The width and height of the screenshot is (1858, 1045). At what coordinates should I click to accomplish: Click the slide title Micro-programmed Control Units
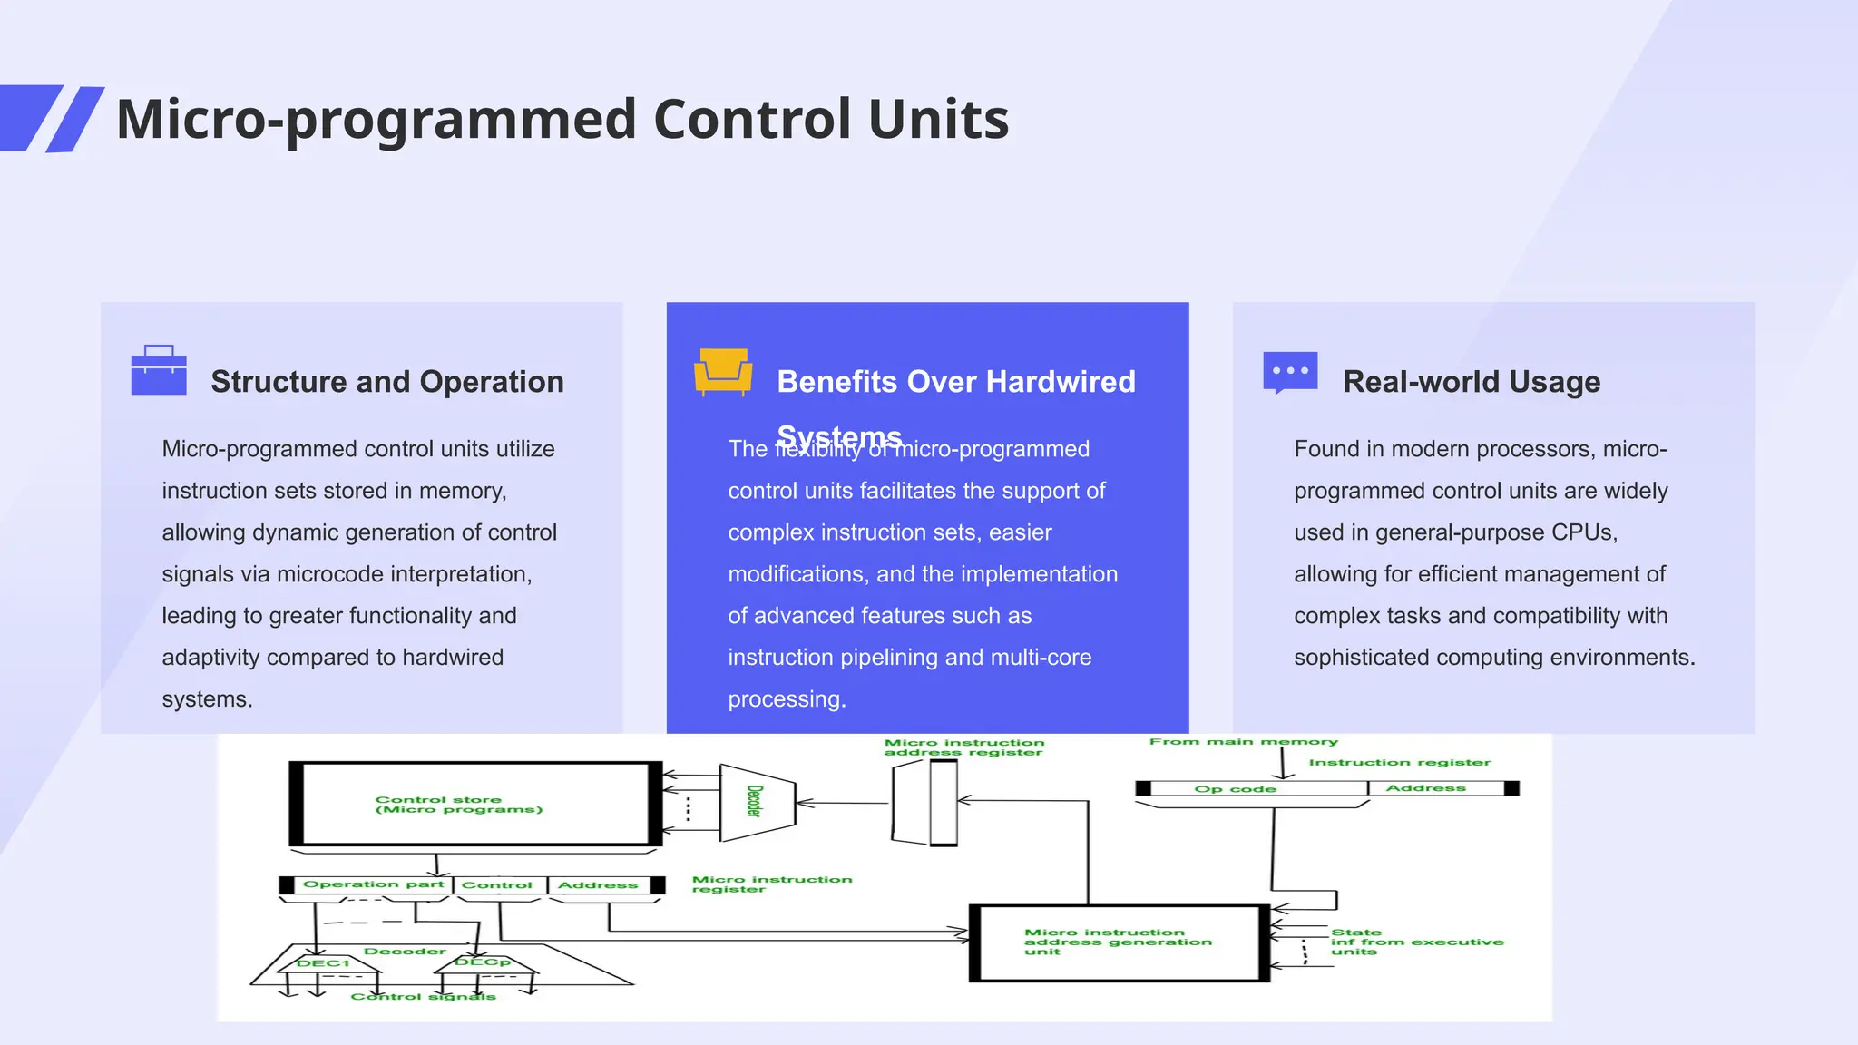562,119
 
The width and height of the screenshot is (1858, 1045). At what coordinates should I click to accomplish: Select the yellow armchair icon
723,371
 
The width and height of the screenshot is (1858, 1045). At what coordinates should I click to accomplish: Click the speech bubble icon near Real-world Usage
1290,372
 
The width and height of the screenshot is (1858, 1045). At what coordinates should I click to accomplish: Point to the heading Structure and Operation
386,382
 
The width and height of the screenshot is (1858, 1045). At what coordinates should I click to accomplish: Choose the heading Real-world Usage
1471,382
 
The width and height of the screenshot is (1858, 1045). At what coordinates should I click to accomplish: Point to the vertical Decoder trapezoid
756,802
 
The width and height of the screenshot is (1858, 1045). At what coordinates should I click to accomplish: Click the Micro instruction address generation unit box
1118,942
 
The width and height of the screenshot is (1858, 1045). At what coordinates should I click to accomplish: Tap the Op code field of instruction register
1235,789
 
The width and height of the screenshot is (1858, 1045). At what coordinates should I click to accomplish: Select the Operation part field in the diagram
373,884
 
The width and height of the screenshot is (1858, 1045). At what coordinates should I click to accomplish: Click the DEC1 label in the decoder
323,963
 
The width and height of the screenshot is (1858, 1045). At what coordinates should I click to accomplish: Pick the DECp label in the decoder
482,962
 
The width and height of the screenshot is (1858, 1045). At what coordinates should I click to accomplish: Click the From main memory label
1243,742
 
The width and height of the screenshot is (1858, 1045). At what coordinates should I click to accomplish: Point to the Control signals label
423,997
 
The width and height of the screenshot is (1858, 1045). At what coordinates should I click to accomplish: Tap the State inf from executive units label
1415,942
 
